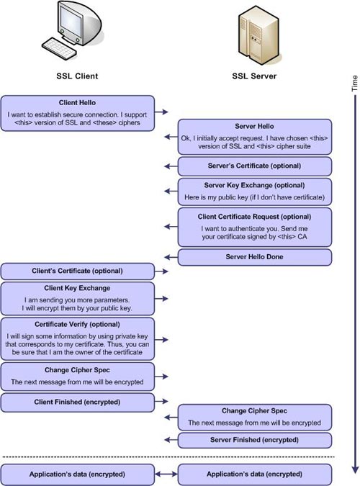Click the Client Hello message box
[77, 113]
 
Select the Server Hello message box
[254, 136]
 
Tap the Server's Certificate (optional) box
[254, 166]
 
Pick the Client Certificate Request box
[254, 227]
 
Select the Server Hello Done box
[254, 257]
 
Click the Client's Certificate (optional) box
[77, 271]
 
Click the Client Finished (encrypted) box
[77, 402]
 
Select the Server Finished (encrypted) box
[254, 440]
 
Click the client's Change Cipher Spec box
[77, 376]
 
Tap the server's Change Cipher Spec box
[254, 417]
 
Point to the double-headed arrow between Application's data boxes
[166, 475]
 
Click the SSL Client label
[77, 76]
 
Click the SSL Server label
[254, 76]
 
